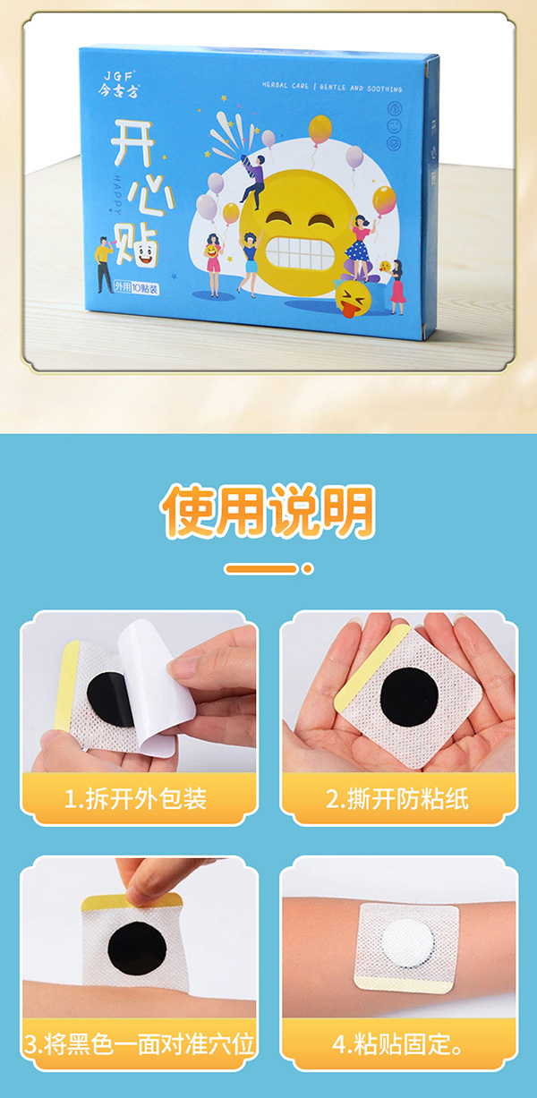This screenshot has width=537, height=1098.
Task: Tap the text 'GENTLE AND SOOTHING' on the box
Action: pos(369,89)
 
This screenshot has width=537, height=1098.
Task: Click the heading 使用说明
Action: pos(268,511)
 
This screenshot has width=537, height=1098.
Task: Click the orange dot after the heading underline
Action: pos(307,568)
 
